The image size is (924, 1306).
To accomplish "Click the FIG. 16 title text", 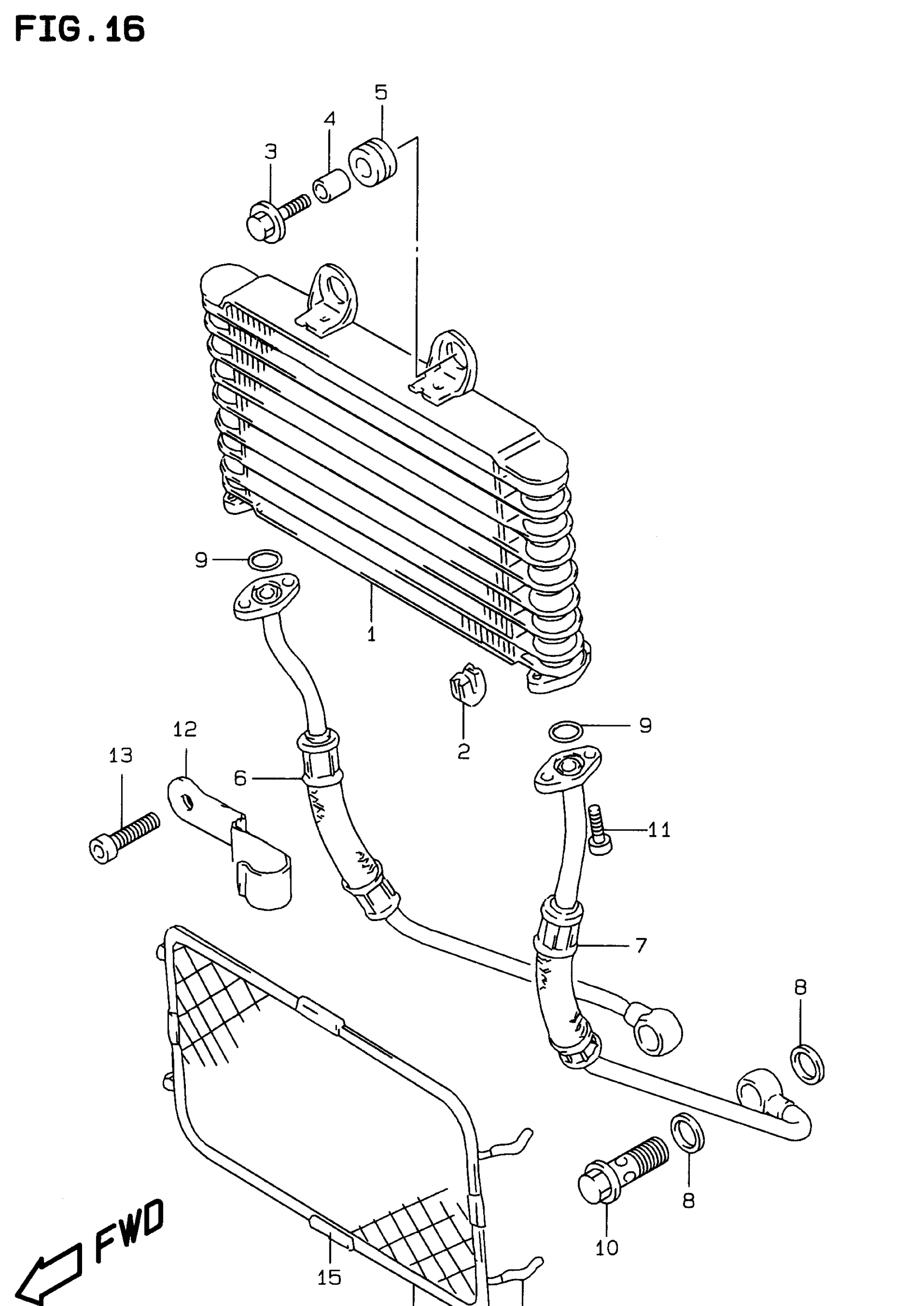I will click(80, 29).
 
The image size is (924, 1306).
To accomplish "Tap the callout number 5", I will click(380, 92).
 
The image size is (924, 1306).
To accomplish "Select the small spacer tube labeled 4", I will click(329, 185).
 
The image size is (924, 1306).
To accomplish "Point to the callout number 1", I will click(371, 635).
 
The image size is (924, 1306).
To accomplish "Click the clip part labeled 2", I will click(469, 686).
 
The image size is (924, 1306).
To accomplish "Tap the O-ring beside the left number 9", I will click(265, 560).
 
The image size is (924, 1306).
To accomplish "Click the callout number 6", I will click(241, 778).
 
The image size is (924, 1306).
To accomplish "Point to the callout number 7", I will click(641, 945).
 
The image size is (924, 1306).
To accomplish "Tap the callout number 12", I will click(185, 729).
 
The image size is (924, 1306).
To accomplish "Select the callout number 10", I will click(607, 1248).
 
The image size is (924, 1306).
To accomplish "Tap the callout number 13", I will click(121, 755).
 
